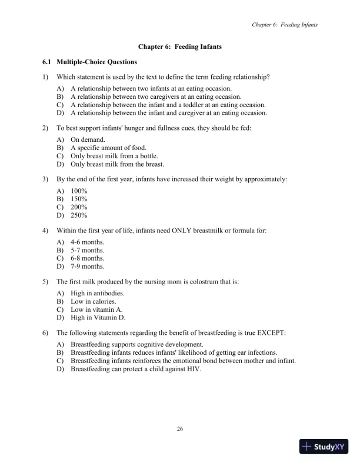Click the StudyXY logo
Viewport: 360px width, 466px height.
[x=324, y=447]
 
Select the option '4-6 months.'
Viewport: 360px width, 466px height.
[x=88, y=242]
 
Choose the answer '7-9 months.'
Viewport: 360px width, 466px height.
[x=88, y=267]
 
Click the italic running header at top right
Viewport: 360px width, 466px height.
[x=285, y=25]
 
